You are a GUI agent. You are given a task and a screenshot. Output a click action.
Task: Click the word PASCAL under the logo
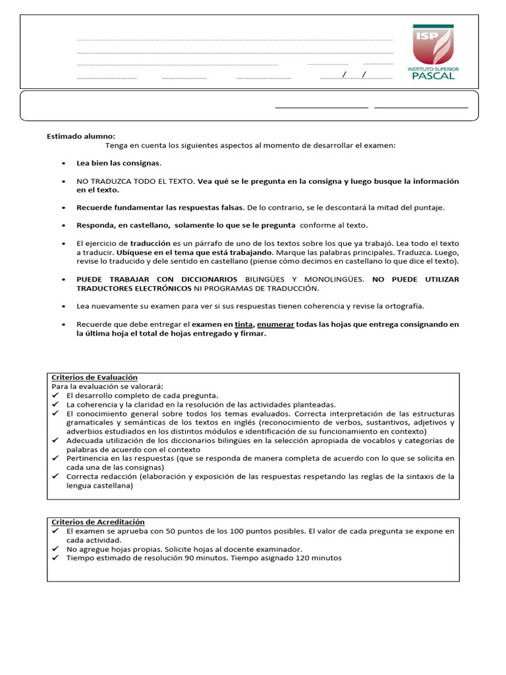[433, 75]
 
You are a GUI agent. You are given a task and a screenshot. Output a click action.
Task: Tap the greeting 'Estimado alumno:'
[80, 136]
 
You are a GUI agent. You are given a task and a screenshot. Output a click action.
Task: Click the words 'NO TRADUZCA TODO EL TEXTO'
[136, 181]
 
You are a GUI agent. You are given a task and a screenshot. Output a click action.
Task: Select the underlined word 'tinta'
[244, 325]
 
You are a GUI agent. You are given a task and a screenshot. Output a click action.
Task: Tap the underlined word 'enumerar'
[275, 325]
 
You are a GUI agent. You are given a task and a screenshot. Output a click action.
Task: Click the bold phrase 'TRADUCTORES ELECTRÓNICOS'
[134, 289]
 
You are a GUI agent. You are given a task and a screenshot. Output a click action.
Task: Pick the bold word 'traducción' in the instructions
[150, 243]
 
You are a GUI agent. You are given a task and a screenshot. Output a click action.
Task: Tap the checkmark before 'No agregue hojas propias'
[55, 549]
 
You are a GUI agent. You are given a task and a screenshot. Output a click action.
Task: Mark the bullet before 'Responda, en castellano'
[63, 225]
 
